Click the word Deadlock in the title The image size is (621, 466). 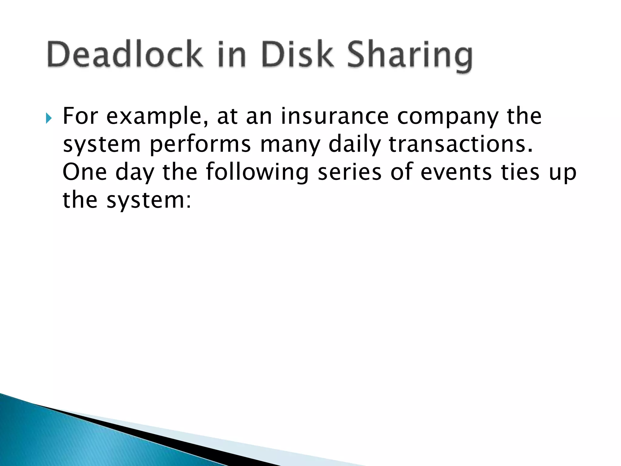[124, 55]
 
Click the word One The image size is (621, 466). [84, 172]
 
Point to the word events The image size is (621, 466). [456, 172]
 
